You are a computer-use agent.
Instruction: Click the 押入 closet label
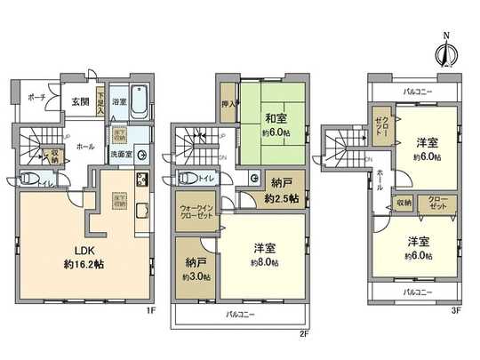click(228, 104)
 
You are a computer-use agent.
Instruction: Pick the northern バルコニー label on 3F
click(415, 91)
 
